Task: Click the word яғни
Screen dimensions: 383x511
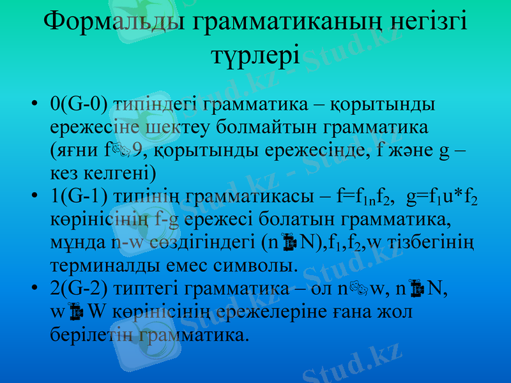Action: point(72,149)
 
